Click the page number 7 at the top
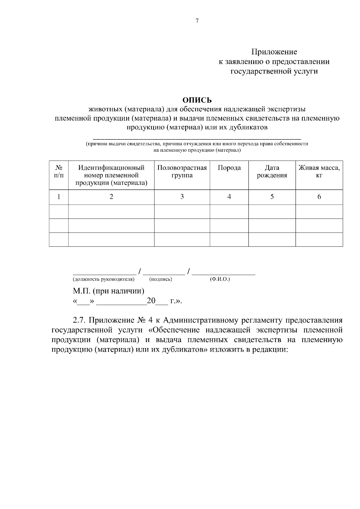pos(197,21)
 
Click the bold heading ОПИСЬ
pos(197,100)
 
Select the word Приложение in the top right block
pos(274,52)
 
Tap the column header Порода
pos(229,168)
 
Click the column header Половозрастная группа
pos(182,171)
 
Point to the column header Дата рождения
pos(272,171)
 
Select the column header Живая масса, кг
pos(319,171)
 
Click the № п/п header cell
pos(59,171)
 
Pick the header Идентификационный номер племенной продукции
pos(111,175)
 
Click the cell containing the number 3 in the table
pos(182,197)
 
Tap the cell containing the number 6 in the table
pos(319,197)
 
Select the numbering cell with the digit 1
pos(59,197)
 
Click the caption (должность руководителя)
pos(103,279)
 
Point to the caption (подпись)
pos(160,279)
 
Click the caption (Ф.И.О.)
pos(220,279)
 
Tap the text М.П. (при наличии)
pos(108,291)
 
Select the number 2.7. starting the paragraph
pos(79,320)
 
